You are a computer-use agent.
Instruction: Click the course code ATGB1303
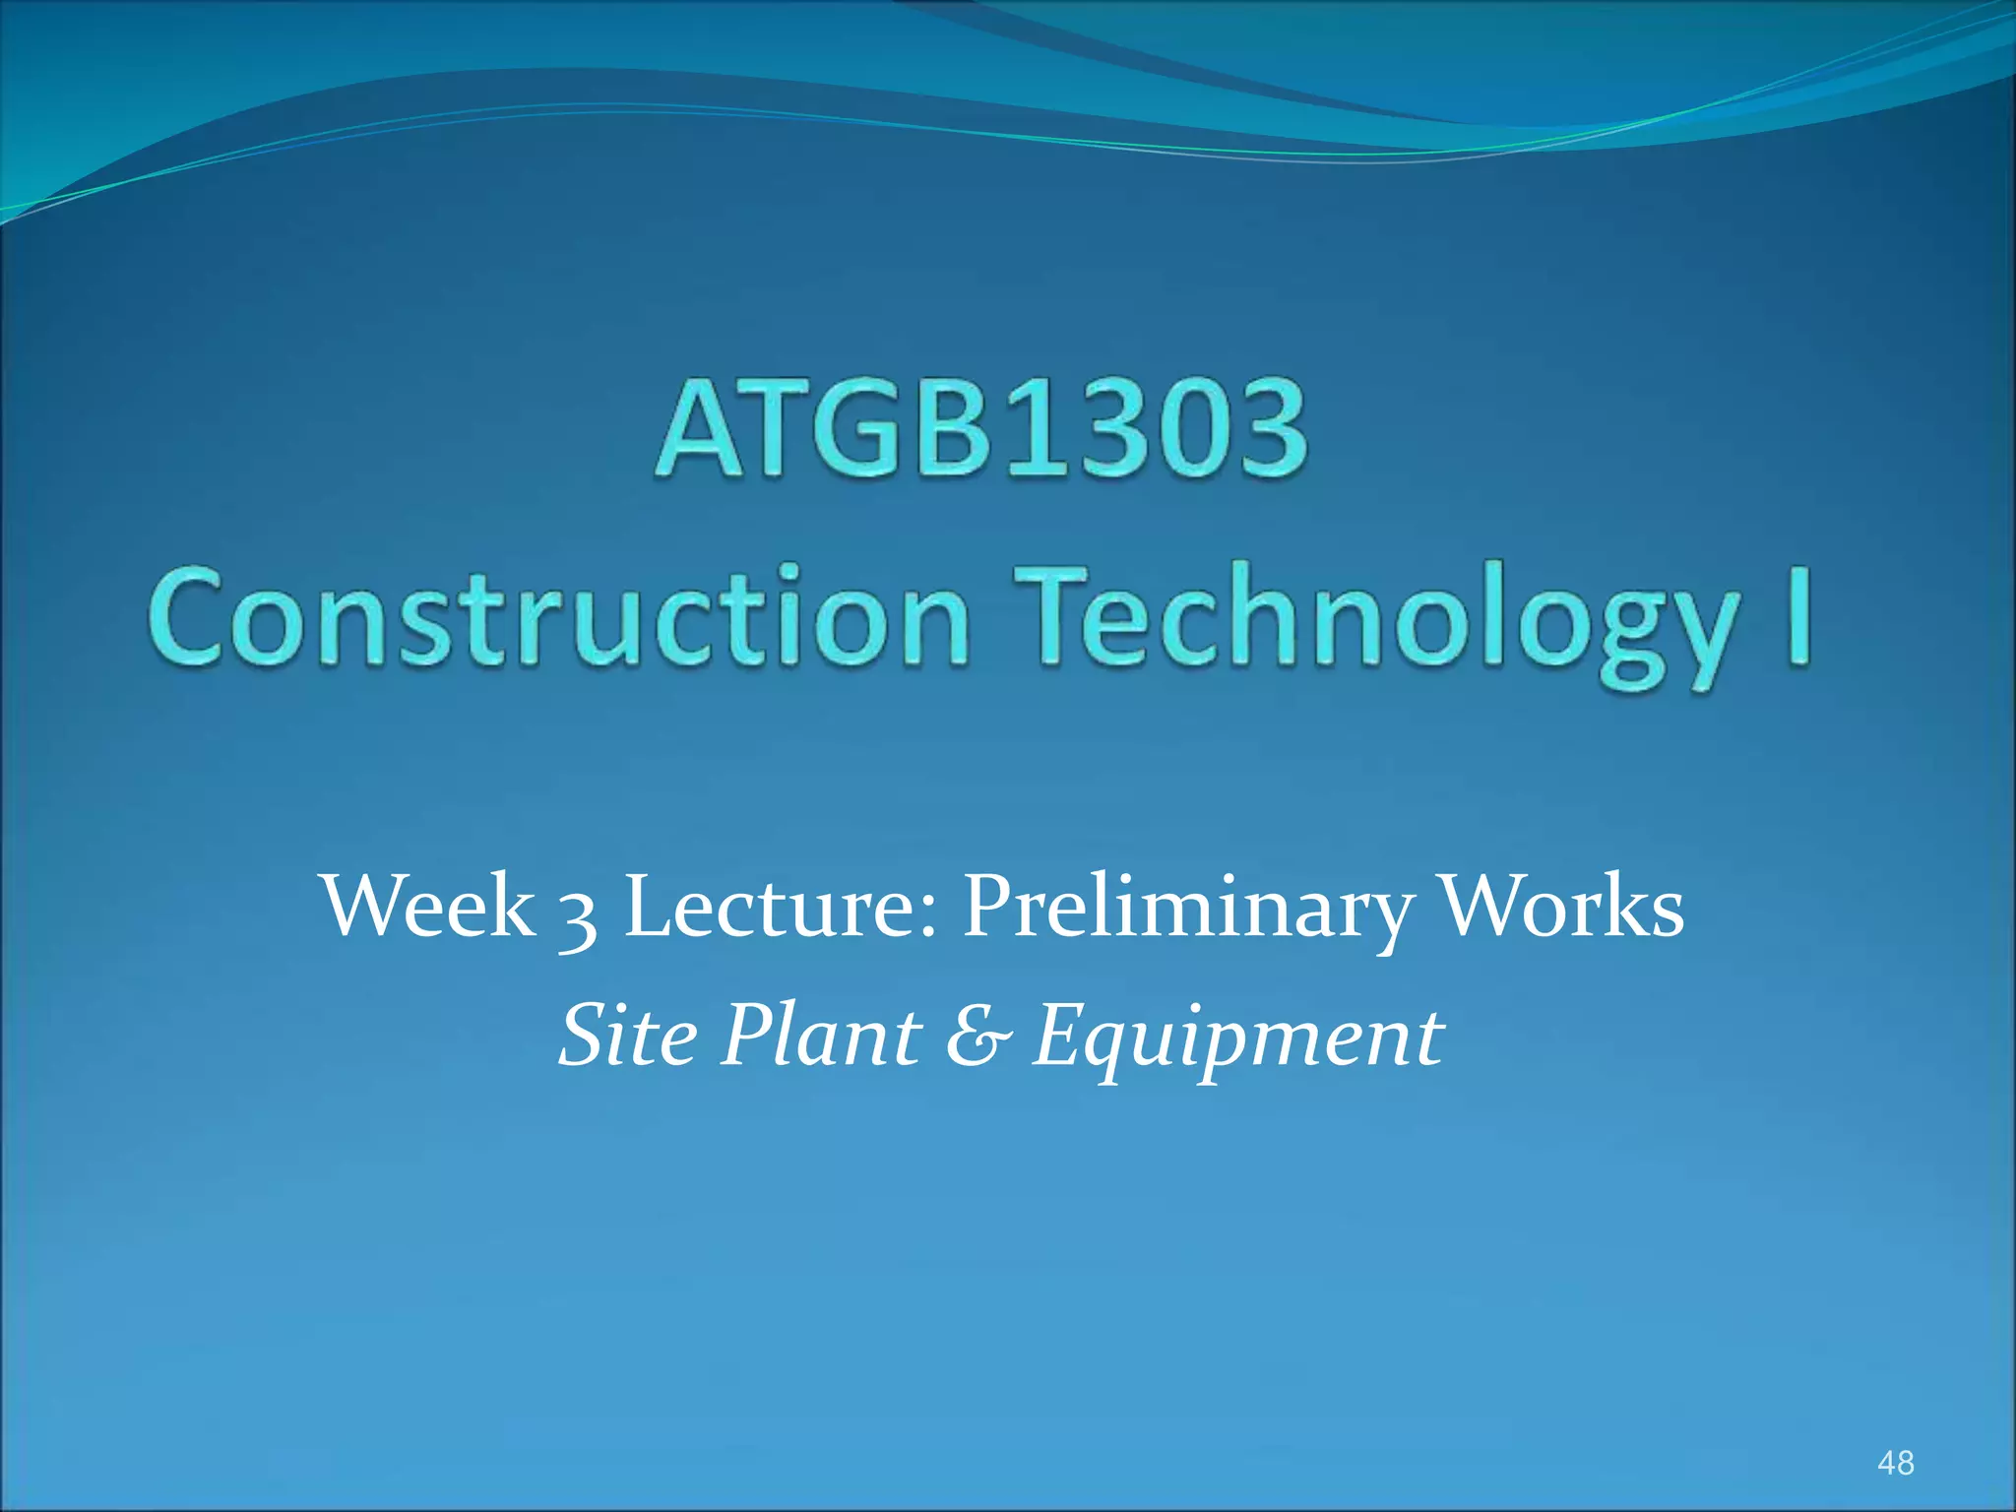[981, 430]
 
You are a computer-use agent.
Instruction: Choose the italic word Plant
[821, 1036]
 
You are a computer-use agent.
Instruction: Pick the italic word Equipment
[1237, 1041]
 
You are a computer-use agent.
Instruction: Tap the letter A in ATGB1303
[701, 431]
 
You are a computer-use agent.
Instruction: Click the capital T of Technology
[1052, 615]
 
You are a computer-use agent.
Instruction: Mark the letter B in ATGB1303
[942, 431]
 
